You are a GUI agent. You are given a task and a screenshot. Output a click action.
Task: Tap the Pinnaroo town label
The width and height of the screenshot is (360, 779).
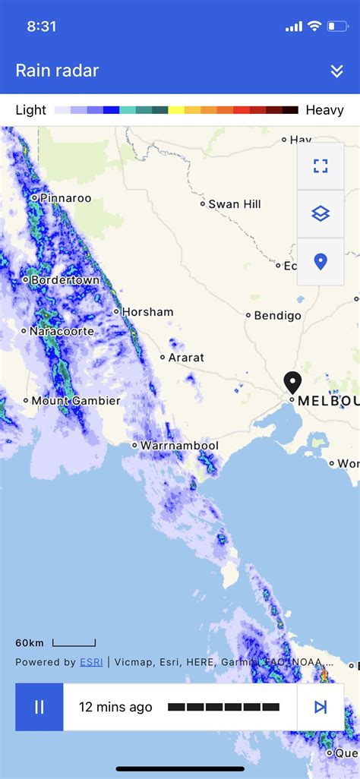[x=65, y=198]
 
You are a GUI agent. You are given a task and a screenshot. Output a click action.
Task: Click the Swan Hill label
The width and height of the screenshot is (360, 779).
[x=235, y=203]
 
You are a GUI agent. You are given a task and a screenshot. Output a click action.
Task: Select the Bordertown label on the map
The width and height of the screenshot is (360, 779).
[x=65, y=279]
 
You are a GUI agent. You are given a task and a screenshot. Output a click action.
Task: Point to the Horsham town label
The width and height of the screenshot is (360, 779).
[x=147, y=311]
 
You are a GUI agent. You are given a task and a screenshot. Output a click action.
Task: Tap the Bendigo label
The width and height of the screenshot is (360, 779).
[x=277, y=315]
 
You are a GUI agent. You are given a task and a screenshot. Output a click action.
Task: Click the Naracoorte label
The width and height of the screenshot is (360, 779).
[x=62, y=331]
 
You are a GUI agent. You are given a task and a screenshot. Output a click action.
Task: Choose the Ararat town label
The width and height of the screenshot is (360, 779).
[x=186, y=357]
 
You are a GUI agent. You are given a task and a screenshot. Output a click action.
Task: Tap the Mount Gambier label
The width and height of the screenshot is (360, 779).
[x=76, y=400]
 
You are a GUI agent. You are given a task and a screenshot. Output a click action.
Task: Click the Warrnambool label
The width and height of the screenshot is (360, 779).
[x=180, y=445]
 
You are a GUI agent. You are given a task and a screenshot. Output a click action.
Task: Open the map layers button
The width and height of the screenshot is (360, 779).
[x=321, y=214]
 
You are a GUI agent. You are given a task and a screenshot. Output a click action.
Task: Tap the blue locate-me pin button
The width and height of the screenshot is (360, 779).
[x=321, y=262]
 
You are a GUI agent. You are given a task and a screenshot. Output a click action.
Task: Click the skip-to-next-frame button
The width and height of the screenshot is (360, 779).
[x=321, y=707]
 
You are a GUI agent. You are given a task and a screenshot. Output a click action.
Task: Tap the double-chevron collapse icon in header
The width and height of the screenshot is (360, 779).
[x=337, y=71]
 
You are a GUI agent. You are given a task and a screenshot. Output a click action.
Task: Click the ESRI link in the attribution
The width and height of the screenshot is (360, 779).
[x=91, y=662]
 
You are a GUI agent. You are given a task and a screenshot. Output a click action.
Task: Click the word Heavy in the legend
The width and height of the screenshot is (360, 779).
[x=324, y=110]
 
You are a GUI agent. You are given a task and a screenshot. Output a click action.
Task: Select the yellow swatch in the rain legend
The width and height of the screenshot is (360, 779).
[x=176, y=110]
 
